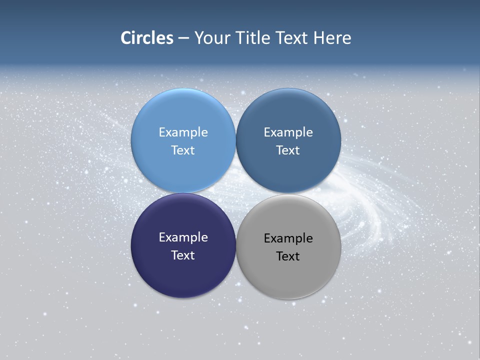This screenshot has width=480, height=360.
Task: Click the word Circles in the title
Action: tap(147, 38)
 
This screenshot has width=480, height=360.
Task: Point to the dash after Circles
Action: tap(183, 38)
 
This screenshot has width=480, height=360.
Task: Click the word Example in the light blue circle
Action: tap(183, 132)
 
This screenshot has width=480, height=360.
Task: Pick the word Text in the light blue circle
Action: tap(183, 150)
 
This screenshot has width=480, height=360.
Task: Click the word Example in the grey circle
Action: tap(288, 238)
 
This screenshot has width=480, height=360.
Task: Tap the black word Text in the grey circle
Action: tap(288, 256)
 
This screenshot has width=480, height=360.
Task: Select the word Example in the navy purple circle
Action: tap(183, 237)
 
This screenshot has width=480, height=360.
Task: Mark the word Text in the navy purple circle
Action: tap(183, 255)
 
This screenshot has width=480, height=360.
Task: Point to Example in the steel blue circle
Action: tap(288, 132)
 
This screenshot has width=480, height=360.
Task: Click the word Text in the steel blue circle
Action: tap(288, 150)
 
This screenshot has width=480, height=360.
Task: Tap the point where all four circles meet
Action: tap(235, 193)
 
